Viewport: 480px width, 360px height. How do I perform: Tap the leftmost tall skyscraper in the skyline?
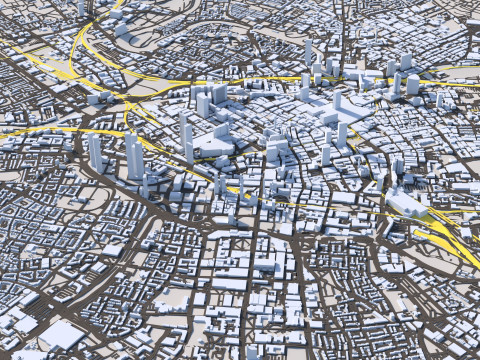pos(96,153)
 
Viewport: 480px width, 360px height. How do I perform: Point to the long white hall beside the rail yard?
pos(408,206)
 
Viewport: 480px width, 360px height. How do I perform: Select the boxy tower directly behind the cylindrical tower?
pos(406,62)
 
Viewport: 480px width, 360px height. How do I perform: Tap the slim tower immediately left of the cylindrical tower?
pos(397,83)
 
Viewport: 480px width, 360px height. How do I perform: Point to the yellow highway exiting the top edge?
pos(117,5)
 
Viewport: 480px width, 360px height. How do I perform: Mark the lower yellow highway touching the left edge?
pos(10,131)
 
